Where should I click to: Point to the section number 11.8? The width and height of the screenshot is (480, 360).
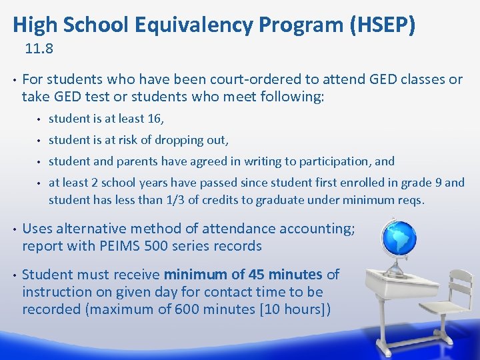pos(39,49)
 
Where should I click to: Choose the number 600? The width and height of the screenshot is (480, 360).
pos(188,309)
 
